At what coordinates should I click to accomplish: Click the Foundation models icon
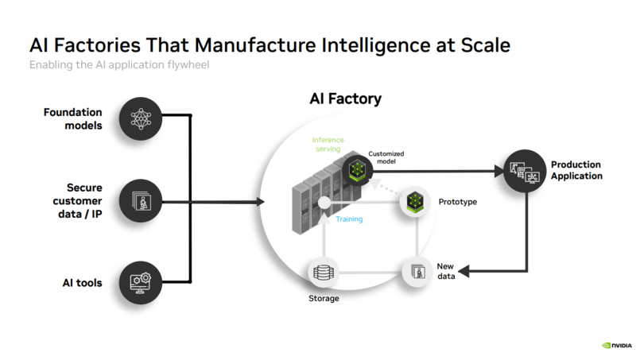pos(140,119)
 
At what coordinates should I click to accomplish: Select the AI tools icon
pos(140,281)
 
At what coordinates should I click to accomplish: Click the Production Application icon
pos(526,169)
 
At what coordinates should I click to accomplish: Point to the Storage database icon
pos(324,273)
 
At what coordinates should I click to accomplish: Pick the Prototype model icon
pos(415,202)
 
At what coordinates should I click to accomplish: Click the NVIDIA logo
pos(615,346)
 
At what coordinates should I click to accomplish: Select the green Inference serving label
pos(327,145)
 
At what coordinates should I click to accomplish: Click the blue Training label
pos(349,219)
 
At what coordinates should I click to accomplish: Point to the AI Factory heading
pos(345,99)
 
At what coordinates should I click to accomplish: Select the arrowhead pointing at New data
pos(465,272)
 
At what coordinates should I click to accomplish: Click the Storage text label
pos(324,299)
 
